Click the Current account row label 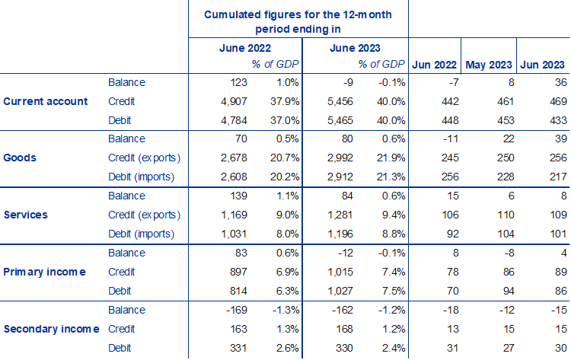[x=46, y=101]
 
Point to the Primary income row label [x=44, y=272]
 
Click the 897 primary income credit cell [x=219, y=272]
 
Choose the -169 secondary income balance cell [x=218, y=309]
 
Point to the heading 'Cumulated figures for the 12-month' [x=298, y=15]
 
